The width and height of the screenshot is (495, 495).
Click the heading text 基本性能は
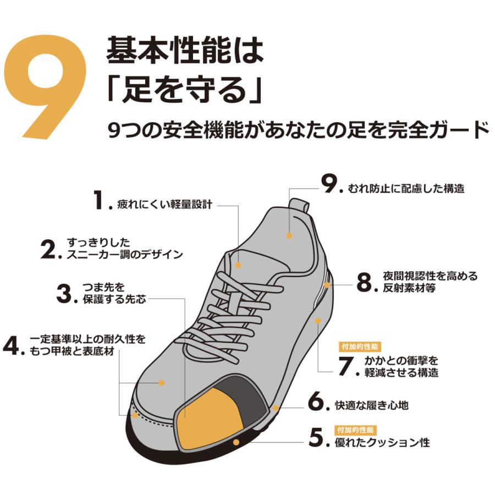185,51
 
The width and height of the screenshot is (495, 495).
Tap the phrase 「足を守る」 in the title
185,90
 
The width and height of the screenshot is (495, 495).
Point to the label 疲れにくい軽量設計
164,205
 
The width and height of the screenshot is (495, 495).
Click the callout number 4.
12,346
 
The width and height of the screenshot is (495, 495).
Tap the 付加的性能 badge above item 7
360,347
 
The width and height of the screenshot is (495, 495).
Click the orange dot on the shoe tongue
238,265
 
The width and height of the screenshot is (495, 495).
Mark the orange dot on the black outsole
236,442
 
